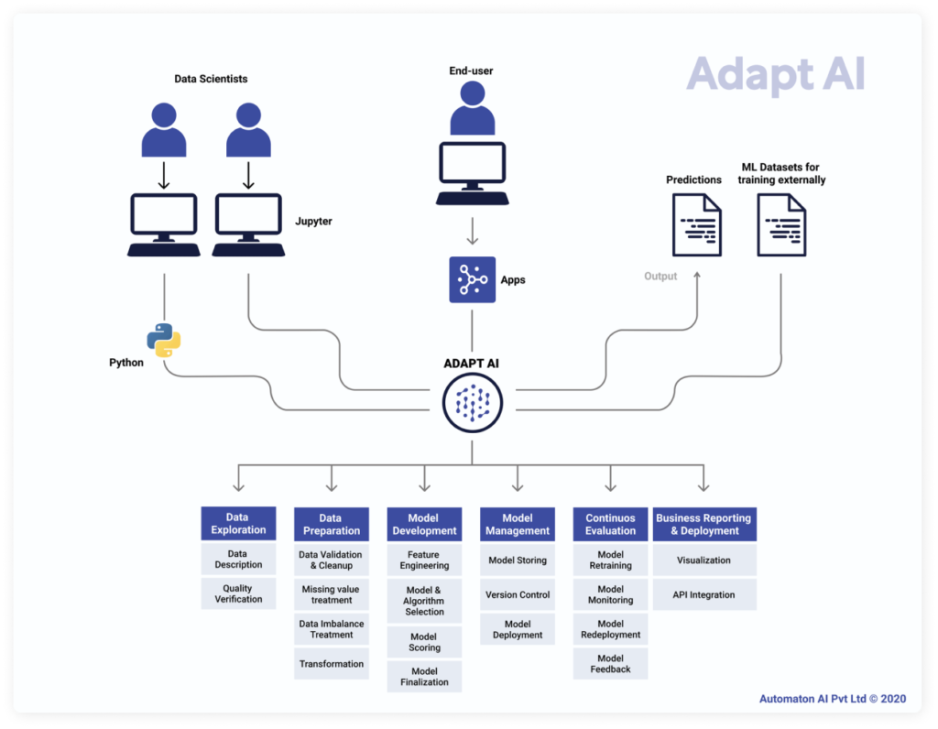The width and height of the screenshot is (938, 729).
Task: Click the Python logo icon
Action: pos(165,340)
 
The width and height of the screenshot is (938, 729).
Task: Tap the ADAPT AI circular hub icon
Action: pos(472,402)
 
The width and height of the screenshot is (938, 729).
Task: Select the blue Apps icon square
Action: pos(472,279)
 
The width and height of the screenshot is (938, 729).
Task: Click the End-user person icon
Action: pos(472,108)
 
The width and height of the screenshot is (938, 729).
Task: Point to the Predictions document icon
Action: pos(696,225)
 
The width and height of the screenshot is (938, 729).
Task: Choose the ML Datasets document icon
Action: pos(781,225)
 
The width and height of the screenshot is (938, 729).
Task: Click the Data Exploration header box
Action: pos(238,524)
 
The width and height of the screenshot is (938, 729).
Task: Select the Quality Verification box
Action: pos(238,593)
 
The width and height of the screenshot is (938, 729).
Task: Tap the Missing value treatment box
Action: pos(332,594)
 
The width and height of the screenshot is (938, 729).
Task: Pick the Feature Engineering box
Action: pos(424,560)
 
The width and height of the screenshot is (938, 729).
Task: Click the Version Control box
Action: pos(518,594)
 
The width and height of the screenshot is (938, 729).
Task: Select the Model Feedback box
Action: pos(611,663)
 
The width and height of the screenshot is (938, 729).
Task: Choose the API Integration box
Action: pos(704,594)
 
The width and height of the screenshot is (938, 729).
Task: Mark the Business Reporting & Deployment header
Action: pos(704,524)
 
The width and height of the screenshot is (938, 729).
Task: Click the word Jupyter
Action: pos(313,222)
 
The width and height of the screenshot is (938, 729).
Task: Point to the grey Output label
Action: pos(660,276)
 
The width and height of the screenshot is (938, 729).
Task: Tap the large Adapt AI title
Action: pos(775,75)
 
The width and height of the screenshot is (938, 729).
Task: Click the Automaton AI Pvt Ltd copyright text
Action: pos(832,699)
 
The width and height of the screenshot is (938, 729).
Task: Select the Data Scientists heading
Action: pos(211,79)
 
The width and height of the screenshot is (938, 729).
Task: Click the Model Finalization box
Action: pos(424,676)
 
